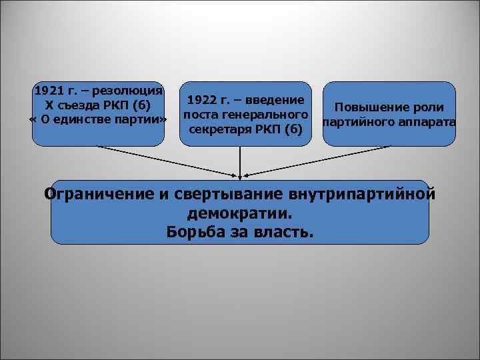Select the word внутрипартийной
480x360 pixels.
[363, 195]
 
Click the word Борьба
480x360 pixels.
[198, 233]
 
